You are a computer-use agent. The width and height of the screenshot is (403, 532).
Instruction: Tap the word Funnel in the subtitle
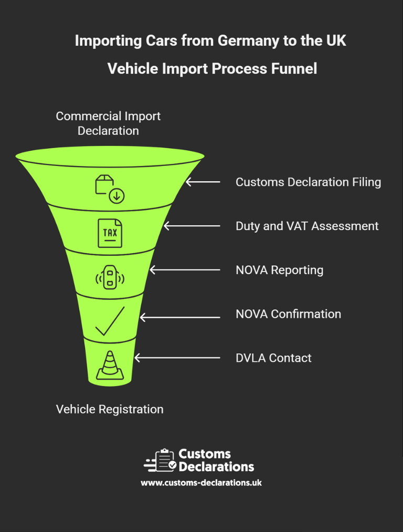point(293,69)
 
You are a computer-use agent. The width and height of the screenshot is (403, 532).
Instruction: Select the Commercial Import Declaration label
point(108,123)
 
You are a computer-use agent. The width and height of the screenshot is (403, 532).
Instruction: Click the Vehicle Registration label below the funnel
point(110,409)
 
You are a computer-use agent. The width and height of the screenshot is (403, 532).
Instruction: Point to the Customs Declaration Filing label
point(308,182)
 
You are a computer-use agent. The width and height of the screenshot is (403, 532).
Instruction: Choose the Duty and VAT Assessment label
point(307,226)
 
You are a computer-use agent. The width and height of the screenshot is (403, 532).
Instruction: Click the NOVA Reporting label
point(279,270)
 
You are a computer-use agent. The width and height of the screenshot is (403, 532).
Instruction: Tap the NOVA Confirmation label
point(288,314)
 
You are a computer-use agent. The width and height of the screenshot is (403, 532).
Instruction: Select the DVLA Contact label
point(273,358)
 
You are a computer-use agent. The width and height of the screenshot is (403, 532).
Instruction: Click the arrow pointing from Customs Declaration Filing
point(203,182)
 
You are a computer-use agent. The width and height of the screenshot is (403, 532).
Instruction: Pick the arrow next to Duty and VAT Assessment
point(192,226)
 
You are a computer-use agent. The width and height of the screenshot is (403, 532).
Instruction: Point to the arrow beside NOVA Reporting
point(185,270)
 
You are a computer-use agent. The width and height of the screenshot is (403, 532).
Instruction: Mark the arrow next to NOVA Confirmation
point(180,317)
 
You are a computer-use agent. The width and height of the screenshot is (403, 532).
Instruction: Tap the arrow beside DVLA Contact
point(177,358)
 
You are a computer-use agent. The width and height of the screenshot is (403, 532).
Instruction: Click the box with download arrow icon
point(109,189)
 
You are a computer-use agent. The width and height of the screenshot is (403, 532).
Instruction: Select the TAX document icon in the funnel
point(110,233)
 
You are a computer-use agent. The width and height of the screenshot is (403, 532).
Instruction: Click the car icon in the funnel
point(110,277)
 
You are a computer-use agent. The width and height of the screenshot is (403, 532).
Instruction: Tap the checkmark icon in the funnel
point(110,321)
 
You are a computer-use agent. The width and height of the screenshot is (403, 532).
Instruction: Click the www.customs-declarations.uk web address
point(201,483)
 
